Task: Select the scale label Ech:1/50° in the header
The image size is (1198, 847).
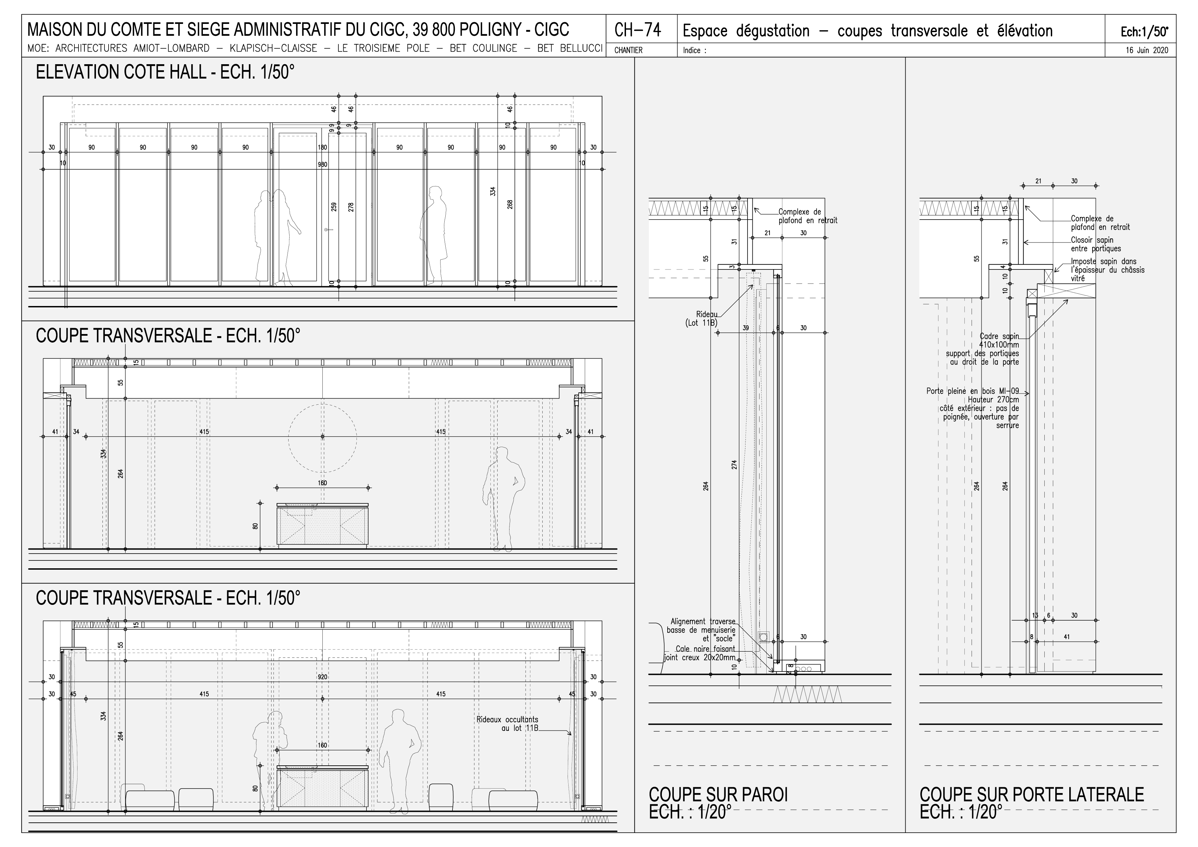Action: coord(1145,32)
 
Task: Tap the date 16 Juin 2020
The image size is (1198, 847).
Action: coord(1146,51)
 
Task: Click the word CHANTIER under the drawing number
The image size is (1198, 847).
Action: coord(628,51)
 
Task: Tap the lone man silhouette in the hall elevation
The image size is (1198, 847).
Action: coord(434,235)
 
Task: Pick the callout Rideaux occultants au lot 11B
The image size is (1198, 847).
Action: coord(507,723)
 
